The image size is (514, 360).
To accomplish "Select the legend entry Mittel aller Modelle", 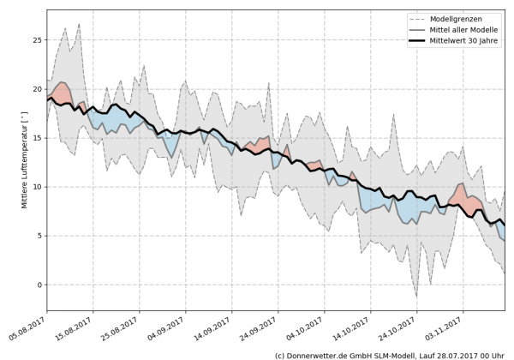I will click(x=463, y=29).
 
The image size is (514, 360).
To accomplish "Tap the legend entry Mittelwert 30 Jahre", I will click(x=463, y=40).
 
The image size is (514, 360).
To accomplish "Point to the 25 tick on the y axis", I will click(x=38, y=39).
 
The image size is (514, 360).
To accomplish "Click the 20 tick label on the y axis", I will click(x=38, y=89).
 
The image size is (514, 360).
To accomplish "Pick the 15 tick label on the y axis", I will click(x=38, y=138).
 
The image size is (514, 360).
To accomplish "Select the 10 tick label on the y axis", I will click(x=38, y=187).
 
